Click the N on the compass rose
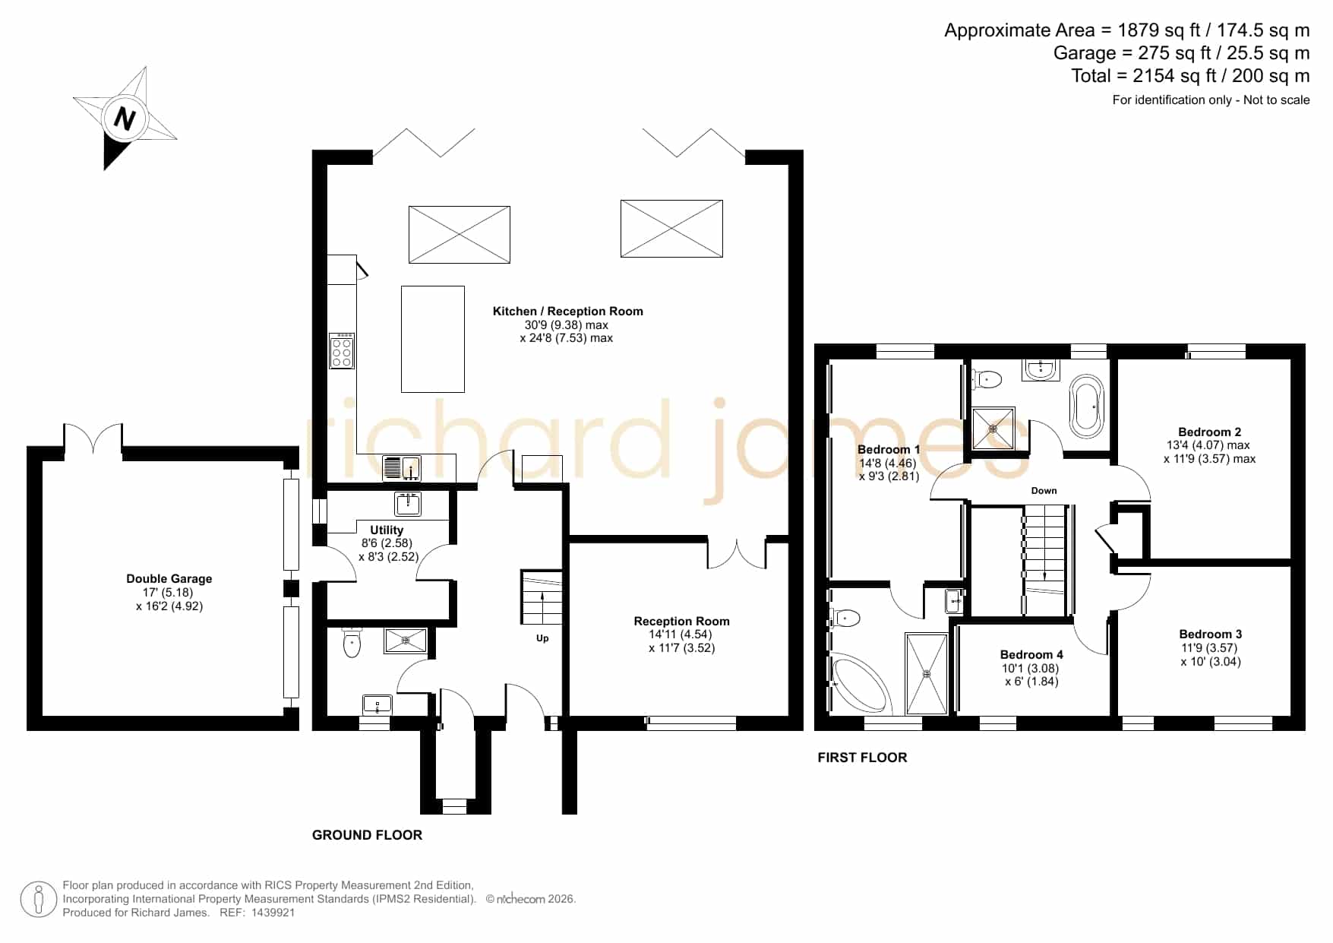click(x=125, y=119)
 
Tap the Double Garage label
click(x=169, y=579)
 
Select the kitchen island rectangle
click(x=433, y=339)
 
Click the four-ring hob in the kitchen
click(x=342, y=351)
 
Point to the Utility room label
click(x=387, y=530)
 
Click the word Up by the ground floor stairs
click(x=542, y=638)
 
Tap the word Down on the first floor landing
click(x=1044, y=491)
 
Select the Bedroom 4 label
click(x=1031, y=654)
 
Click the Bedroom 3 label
click(x=1211, y=634)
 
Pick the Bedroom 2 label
click(x=1210, y=432)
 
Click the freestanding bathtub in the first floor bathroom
click(x=1086, y=406)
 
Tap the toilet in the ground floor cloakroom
click(x=352, y=642)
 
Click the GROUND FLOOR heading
click(x=367, y=835)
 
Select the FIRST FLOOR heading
click(x=862, y=758)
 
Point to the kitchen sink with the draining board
click(x=402, y=468)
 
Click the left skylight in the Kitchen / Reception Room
click(x=460, y=235)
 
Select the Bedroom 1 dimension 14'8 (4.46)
click(x=888, y=463)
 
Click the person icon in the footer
click(x=39, y=900)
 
